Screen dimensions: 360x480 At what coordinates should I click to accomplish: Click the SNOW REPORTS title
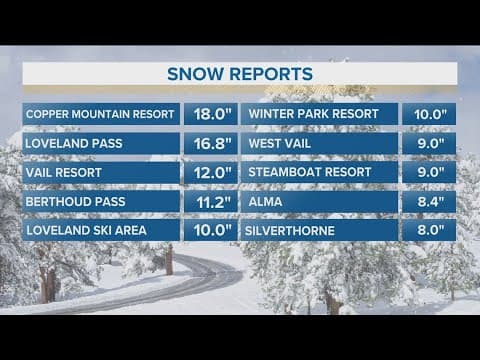click(240, 74)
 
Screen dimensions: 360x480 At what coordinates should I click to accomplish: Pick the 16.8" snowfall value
click(210, 142)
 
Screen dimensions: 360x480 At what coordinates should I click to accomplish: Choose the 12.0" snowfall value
click(210, 172)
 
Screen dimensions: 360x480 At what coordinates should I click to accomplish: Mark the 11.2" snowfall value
click(210, 202)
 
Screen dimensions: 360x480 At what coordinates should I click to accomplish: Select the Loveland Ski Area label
click(88, 231)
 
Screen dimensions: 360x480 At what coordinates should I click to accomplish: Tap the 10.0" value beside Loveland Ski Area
click(210, 231)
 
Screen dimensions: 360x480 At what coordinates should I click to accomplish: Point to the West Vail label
click(278, 142)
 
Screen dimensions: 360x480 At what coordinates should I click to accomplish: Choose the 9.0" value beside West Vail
click(428, 142)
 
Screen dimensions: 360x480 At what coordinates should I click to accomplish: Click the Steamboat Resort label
click(309, 172)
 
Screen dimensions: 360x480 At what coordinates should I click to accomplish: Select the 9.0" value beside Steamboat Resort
click(428, 172)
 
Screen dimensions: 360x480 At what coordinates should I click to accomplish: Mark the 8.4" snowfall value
click(428, 202)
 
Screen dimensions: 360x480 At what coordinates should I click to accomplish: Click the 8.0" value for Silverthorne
click(428, 231)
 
